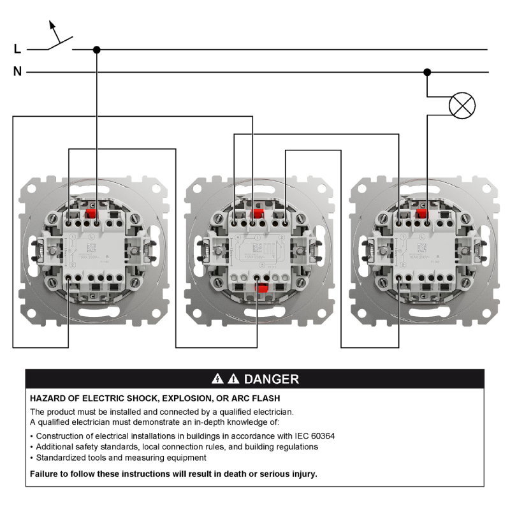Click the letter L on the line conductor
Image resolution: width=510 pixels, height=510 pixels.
tap(17, 49)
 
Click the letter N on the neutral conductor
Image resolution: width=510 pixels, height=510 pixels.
tap(17, 72)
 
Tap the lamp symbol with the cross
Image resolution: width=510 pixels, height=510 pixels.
tap(462, 105)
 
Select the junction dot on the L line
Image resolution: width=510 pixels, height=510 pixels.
tap(97, 49)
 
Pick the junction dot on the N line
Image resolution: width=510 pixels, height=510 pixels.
tap(428, 72)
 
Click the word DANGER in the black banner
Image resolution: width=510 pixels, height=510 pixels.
tap(271, 379)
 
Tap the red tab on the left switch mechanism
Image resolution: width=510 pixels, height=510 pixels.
tap(91, 215)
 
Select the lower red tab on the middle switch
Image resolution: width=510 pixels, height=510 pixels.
tap(260, 289)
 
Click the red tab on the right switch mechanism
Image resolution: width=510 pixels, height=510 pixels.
tap(421, 215)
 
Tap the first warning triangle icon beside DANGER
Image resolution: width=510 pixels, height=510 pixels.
tap(217, 379)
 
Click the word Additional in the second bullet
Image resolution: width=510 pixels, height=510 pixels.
tap(55, 447)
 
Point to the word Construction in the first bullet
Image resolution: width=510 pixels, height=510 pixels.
tap(61, 436)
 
